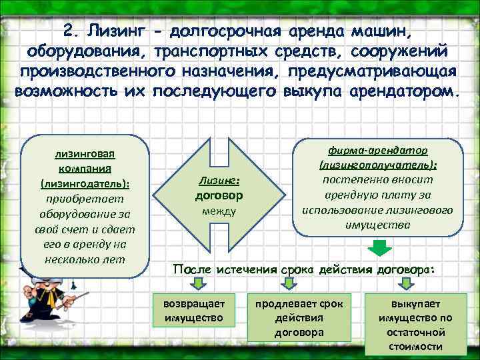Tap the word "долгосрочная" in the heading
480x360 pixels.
(x=225, y=31)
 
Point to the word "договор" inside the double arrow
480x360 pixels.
(x=218, y=196)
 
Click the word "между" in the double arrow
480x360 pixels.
(x=218, y=211)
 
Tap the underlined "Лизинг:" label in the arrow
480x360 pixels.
(x=218, y=181)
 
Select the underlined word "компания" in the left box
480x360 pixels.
(x=84, y=169)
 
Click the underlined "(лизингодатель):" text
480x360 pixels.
(x=84, y=183)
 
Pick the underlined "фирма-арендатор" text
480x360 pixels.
(x=377, y=151)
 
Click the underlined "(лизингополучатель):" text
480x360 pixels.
(x=377, y=165)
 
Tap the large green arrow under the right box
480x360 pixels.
(x=377, y=247)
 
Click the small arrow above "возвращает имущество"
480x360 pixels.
(x=197, y=284)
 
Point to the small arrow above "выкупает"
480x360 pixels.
(x=403, y=284)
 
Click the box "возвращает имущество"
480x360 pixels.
(x=194, y=310)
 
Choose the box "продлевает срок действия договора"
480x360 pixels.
(x=299, y=317)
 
